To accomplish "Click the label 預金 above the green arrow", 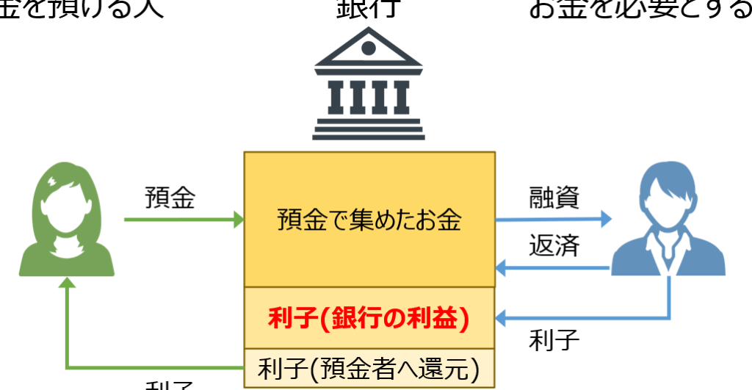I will [170, 198].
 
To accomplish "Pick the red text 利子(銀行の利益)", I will [369, 319].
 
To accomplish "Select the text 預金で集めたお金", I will [369, 220].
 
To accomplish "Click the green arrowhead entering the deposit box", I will [237, 219].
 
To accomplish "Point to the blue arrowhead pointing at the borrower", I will [604, 218].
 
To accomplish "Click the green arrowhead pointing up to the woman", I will [67, 285].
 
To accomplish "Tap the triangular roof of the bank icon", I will [369, 51].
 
